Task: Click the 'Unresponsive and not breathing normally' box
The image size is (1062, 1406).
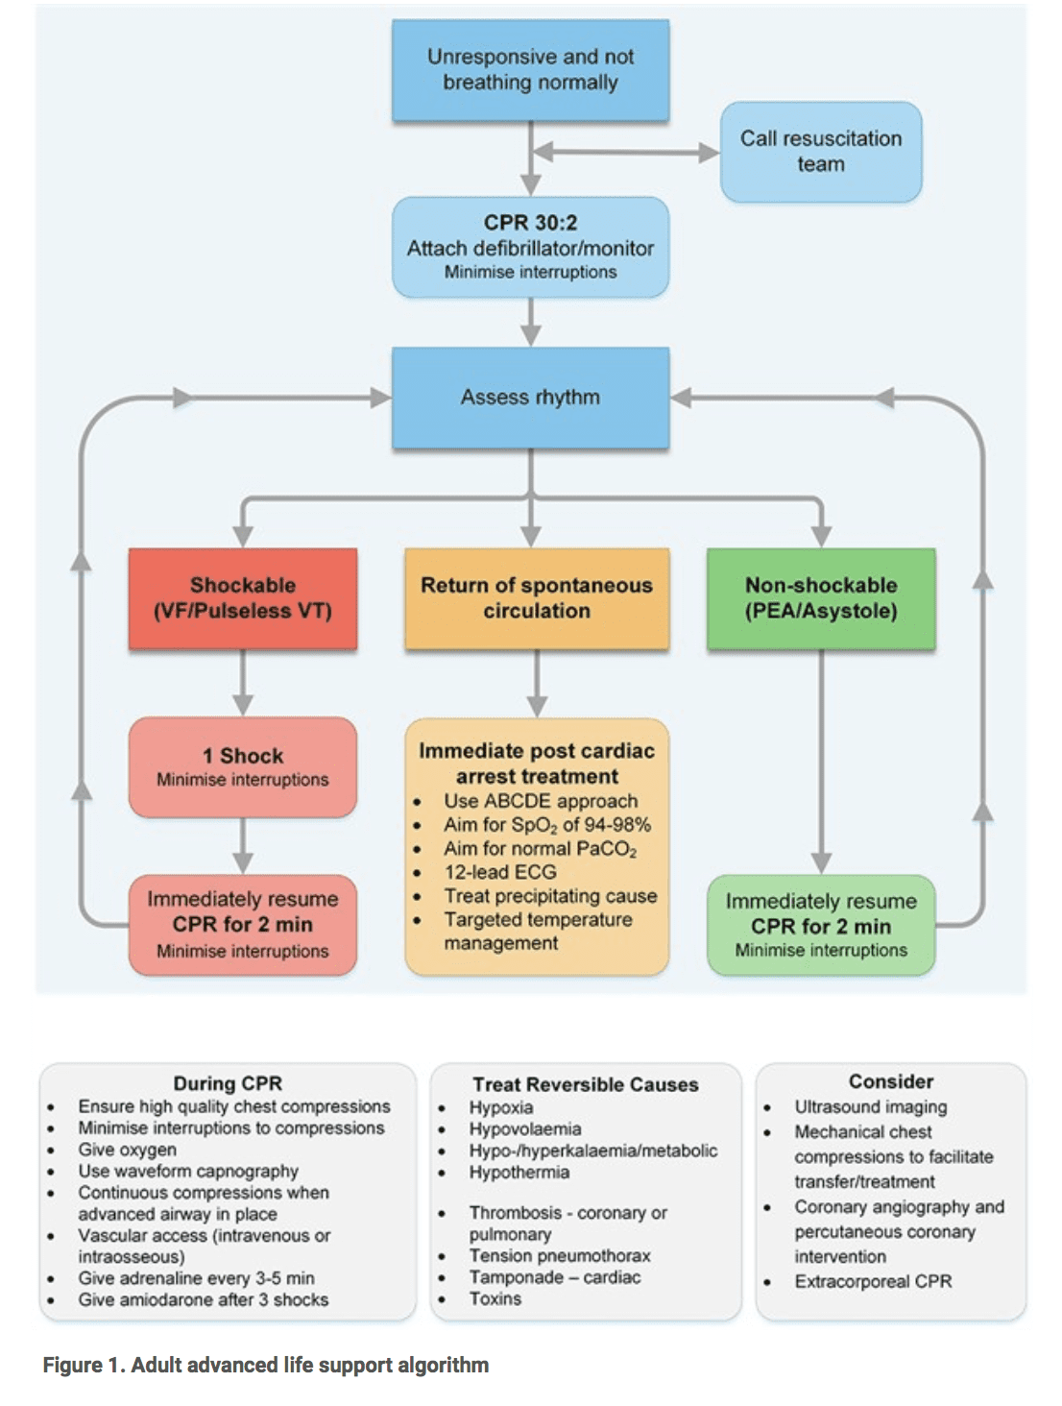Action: (531, 70)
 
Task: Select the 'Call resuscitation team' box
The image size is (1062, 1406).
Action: (821, 152)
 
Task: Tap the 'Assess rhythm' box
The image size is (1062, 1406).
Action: (531, 398)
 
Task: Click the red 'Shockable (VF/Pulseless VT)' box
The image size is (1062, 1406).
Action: (243, 598)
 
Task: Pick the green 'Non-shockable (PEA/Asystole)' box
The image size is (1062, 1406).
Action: (821, 598)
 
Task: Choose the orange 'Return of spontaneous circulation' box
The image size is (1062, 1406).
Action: (537, 598)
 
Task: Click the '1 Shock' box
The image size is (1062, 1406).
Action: (243, 766)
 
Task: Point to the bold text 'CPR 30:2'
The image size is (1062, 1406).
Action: (531, 222)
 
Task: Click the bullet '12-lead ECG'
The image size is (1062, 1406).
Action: (500, 872)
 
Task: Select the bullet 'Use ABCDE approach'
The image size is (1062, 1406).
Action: (541, 801)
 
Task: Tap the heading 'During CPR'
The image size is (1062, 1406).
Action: (228, 1083)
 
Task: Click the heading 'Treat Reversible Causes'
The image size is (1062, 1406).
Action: (586, 1084)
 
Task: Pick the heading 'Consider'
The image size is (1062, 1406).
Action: (891, 1081)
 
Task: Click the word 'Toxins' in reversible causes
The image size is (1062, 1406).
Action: (495, 1298)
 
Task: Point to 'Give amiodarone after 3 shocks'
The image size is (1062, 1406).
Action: (204, 1299)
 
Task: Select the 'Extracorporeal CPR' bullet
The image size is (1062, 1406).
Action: (873, 1281)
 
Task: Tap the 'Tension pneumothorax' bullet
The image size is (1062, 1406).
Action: (560, 1255)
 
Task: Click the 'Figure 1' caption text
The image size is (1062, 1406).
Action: (266, 1365)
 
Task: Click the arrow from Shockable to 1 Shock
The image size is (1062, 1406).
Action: (243, 683)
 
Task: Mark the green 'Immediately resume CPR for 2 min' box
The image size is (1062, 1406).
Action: (821, 925)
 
